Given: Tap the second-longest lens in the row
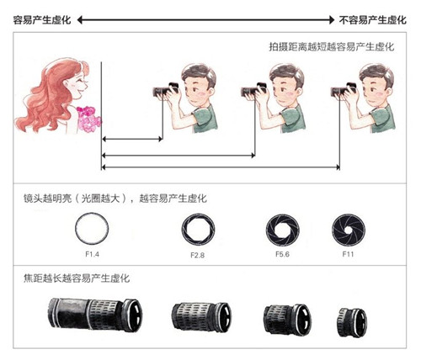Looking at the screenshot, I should [x=200, y=320].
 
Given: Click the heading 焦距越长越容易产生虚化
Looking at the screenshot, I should [x=77, y=278].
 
